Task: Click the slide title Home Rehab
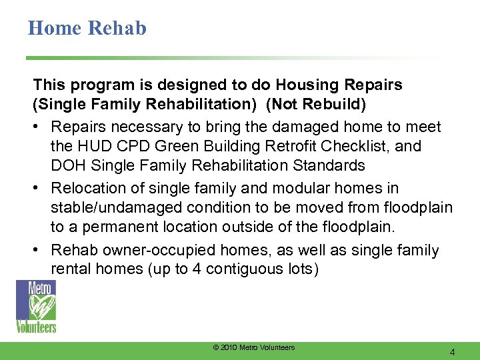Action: point(87,28)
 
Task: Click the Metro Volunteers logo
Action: point(36,306)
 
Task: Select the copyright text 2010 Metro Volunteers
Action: point(253,348)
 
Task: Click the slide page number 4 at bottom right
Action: point(453,352)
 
